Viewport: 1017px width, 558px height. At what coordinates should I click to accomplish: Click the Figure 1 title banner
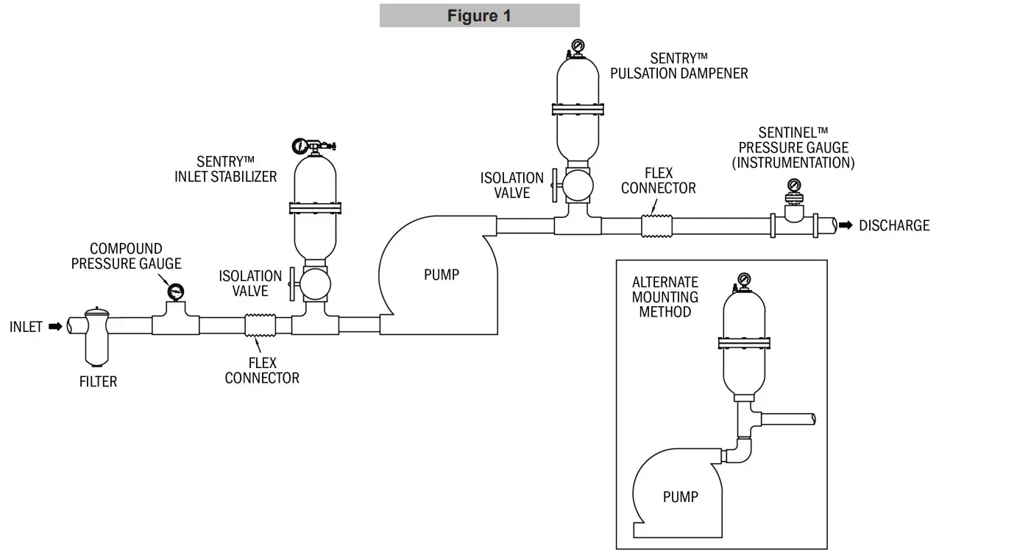[x=479, y=15]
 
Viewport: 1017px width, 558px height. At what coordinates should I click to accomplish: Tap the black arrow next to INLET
[x=56, y=326]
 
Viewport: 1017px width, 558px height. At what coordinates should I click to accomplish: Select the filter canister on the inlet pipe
[x=97, y=337]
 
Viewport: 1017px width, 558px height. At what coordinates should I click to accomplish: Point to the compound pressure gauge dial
[x=176, y=292]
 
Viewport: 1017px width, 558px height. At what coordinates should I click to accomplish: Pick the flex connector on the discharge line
[x=657, y=225]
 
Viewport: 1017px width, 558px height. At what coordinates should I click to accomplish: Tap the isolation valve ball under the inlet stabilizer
[x=315, y=283]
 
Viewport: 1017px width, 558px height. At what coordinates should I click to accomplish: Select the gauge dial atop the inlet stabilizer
[x=300, y=146]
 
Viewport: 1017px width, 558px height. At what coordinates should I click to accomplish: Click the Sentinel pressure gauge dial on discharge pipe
[x=794, y=185]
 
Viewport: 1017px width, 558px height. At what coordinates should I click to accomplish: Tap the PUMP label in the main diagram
[x=442, y=275]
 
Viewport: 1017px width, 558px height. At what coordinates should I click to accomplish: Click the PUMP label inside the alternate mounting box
[x=680, y=497]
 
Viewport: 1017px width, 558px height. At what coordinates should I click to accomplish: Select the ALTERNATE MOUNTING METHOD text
[x=665, y=297]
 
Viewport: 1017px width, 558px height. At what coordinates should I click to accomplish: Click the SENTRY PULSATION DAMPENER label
[x=678, y=66]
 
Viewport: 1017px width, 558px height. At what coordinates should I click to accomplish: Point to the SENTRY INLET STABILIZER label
[x=225, y=169]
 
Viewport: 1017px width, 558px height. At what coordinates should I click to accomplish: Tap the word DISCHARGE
[x=894, y=225]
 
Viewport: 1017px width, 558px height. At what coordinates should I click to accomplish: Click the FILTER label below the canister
[x=98, y=381]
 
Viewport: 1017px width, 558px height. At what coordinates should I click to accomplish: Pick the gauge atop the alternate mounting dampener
[x=743, y=280]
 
